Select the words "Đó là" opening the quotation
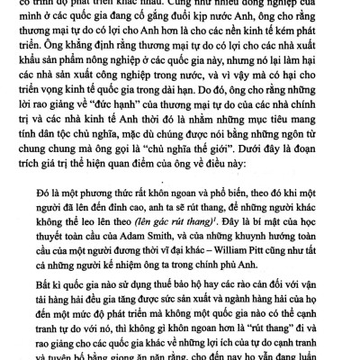[x=57, y=189]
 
